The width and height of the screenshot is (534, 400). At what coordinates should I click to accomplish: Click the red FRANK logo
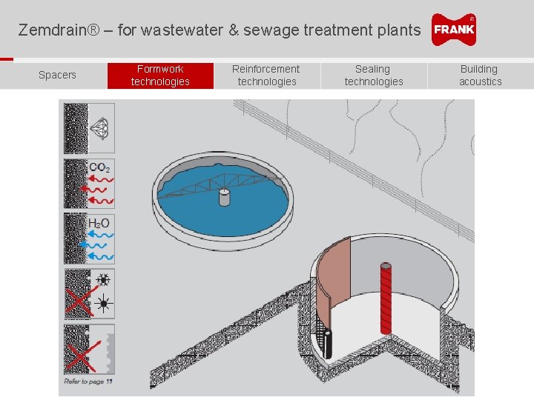[x=454, y=30]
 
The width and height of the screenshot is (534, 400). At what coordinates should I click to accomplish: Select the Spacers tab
[x=57, y=75]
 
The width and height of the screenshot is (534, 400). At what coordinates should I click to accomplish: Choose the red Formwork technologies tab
[x=160, y=75]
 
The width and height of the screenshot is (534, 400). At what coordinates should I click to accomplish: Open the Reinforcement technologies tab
[x=266, y=75]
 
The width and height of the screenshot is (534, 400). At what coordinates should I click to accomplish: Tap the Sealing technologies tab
[x=373, y=75]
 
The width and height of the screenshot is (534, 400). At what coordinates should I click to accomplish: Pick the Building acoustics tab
[x=480, y=75]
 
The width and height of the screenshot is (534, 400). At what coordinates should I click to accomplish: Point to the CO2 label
[x=99, y=168]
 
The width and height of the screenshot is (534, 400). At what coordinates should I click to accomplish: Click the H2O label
[x=99, y=223]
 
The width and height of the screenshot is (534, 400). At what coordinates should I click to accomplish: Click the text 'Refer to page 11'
[x=88, y=381]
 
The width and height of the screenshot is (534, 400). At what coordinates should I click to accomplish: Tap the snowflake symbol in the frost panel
[x=105, y=280]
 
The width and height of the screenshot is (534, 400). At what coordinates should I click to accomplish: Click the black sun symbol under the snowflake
[x=105, y=304]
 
